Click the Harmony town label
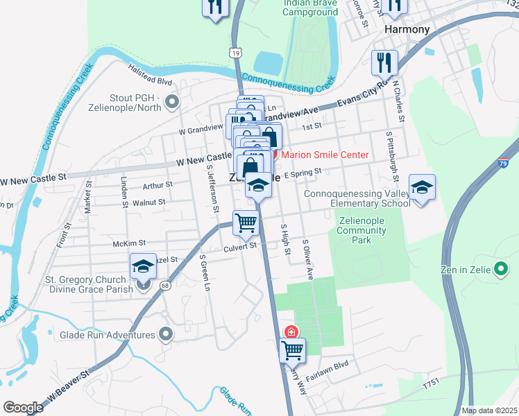tap(407, 30)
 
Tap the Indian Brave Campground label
tap(310, 7)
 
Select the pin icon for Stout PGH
tap(173, 103)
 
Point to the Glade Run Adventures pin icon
tap(165, 335)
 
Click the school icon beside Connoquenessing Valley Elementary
tap(421, 187)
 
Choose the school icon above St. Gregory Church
tap(142, 266)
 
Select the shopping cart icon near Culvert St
tap(245, 223)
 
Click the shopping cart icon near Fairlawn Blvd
tap(292, 350)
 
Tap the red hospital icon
tap(291, 332)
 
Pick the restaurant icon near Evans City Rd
tap(384, 63)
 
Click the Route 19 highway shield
tap(237, 53)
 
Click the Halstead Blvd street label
tap(148, 71)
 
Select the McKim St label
tap(129, 243)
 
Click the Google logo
tap(24, 408)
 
